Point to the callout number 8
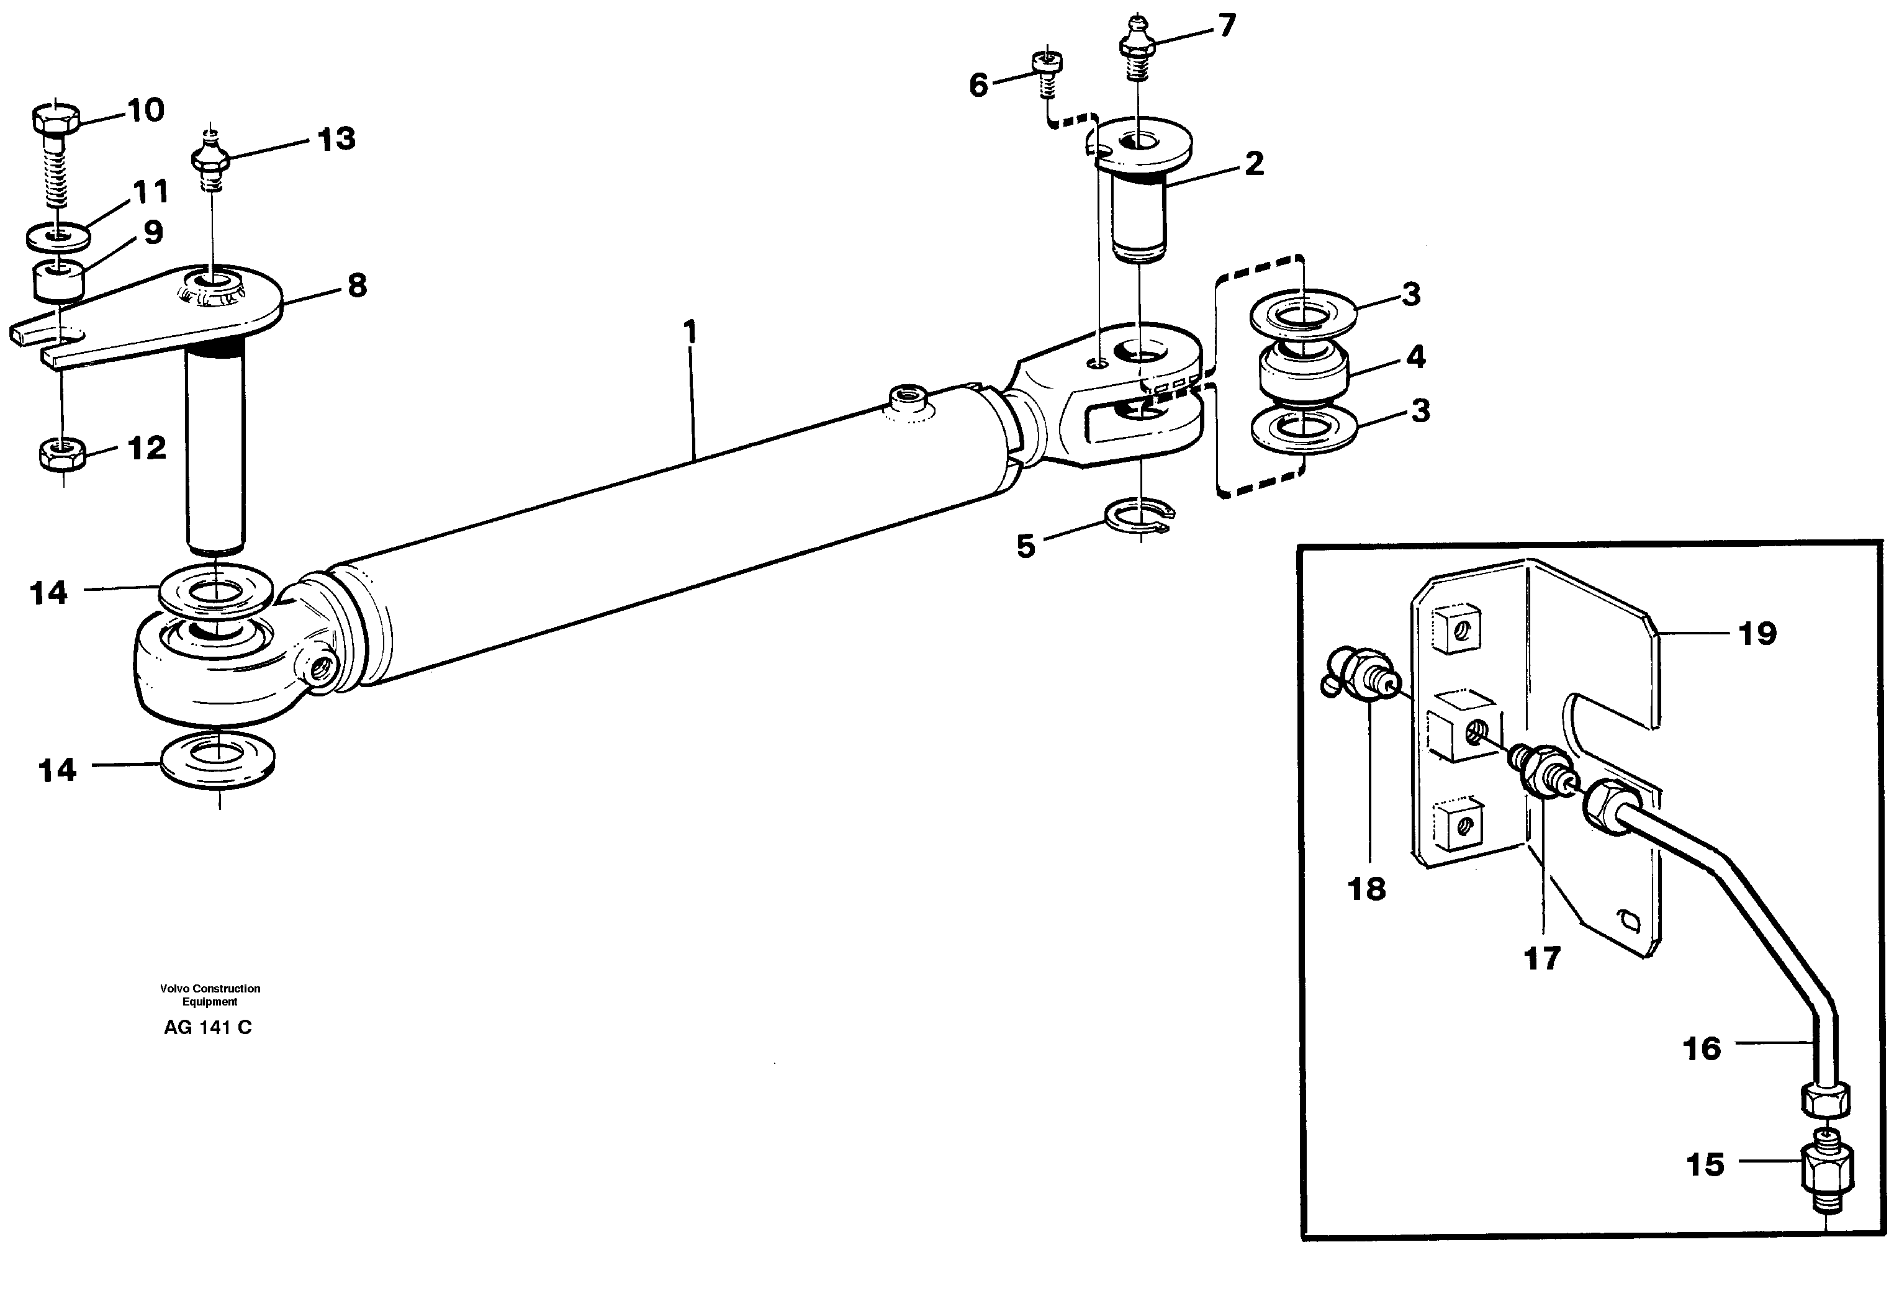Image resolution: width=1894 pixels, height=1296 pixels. pyautogui.click(x=356, y=286)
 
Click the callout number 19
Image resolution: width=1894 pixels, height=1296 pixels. pyautogui.click(x=1757, y=633)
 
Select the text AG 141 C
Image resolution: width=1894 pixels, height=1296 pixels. pyautogui.click(x=208, y=1028)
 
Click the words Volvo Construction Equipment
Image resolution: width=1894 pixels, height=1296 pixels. pyautogui.click(x=209, y=994)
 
